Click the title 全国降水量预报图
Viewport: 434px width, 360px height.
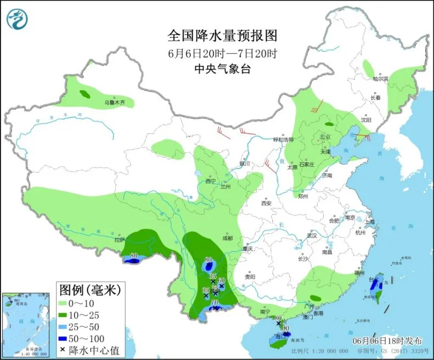222,36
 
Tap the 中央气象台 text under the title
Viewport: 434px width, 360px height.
222,69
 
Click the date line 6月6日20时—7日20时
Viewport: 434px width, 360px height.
222,53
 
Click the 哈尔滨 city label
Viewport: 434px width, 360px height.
380,79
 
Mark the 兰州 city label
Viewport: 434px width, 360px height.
226,187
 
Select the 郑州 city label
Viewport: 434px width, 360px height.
303,196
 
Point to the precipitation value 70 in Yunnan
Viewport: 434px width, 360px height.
215,302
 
